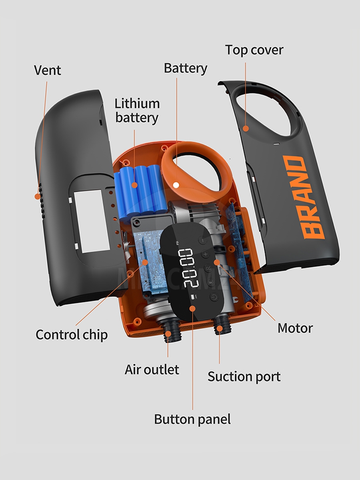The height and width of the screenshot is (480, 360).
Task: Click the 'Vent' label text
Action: click(x=47, y=70)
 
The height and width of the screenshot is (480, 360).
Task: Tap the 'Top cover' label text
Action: click(x=254, y=50)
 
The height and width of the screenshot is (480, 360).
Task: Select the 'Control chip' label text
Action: click(x=72, y=334)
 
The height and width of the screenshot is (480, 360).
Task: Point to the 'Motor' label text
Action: click(x=295, y=328)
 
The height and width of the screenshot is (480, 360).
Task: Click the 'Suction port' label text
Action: click(x=244, y=376)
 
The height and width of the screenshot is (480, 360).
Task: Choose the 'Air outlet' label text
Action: click(x=152, y=369)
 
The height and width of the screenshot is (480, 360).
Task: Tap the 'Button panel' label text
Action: click(x=192, y=419)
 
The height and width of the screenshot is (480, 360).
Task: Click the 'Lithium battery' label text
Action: click(x=137, y=110)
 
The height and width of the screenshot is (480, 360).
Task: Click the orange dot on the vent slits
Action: click(x=37, y=196)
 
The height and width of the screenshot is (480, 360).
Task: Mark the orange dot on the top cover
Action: click(x=246, y=128)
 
